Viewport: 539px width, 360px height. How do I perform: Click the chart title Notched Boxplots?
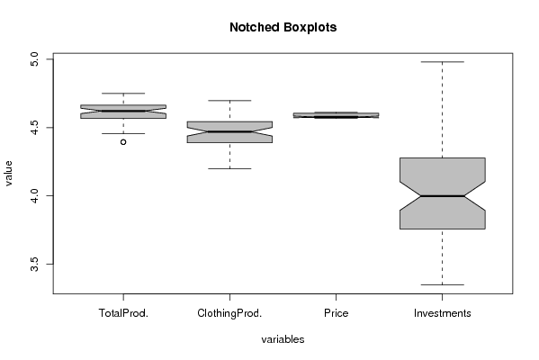283,27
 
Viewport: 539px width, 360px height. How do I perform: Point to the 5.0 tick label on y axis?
35,59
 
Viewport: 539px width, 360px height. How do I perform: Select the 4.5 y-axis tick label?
35,128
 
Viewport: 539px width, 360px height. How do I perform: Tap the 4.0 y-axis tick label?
35,195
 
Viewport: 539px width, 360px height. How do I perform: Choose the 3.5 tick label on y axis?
35,264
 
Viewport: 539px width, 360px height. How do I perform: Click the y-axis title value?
8,174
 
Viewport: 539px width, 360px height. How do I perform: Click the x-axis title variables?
283,339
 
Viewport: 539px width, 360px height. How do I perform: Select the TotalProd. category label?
123,313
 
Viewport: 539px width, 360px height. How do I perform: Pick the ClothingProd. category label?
229,313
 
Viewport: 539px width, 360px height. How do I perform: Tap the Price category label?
336,313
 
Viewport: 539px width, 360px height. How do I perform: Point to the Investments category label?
442,313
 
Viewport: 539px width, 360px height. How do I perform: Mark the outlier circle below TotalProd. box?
123,142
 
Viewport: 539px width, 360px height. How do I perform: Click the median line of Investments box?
443,196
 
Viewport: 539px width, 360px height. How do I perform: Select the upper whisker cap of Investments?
443,62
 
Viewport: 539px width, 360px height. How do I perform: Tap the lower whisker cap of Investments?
443,284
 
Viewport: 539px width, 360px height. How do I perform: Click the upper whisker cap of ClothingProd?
229,101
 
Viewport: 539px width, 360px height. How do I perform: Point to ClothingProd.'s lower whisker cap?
229,168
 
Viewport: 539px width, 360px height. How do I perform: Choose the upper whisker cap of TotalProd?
123,94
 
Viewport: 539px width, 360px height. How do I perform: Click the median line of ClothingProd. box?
229,131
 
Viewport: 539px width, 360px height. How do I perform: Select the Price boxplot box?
336,115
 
